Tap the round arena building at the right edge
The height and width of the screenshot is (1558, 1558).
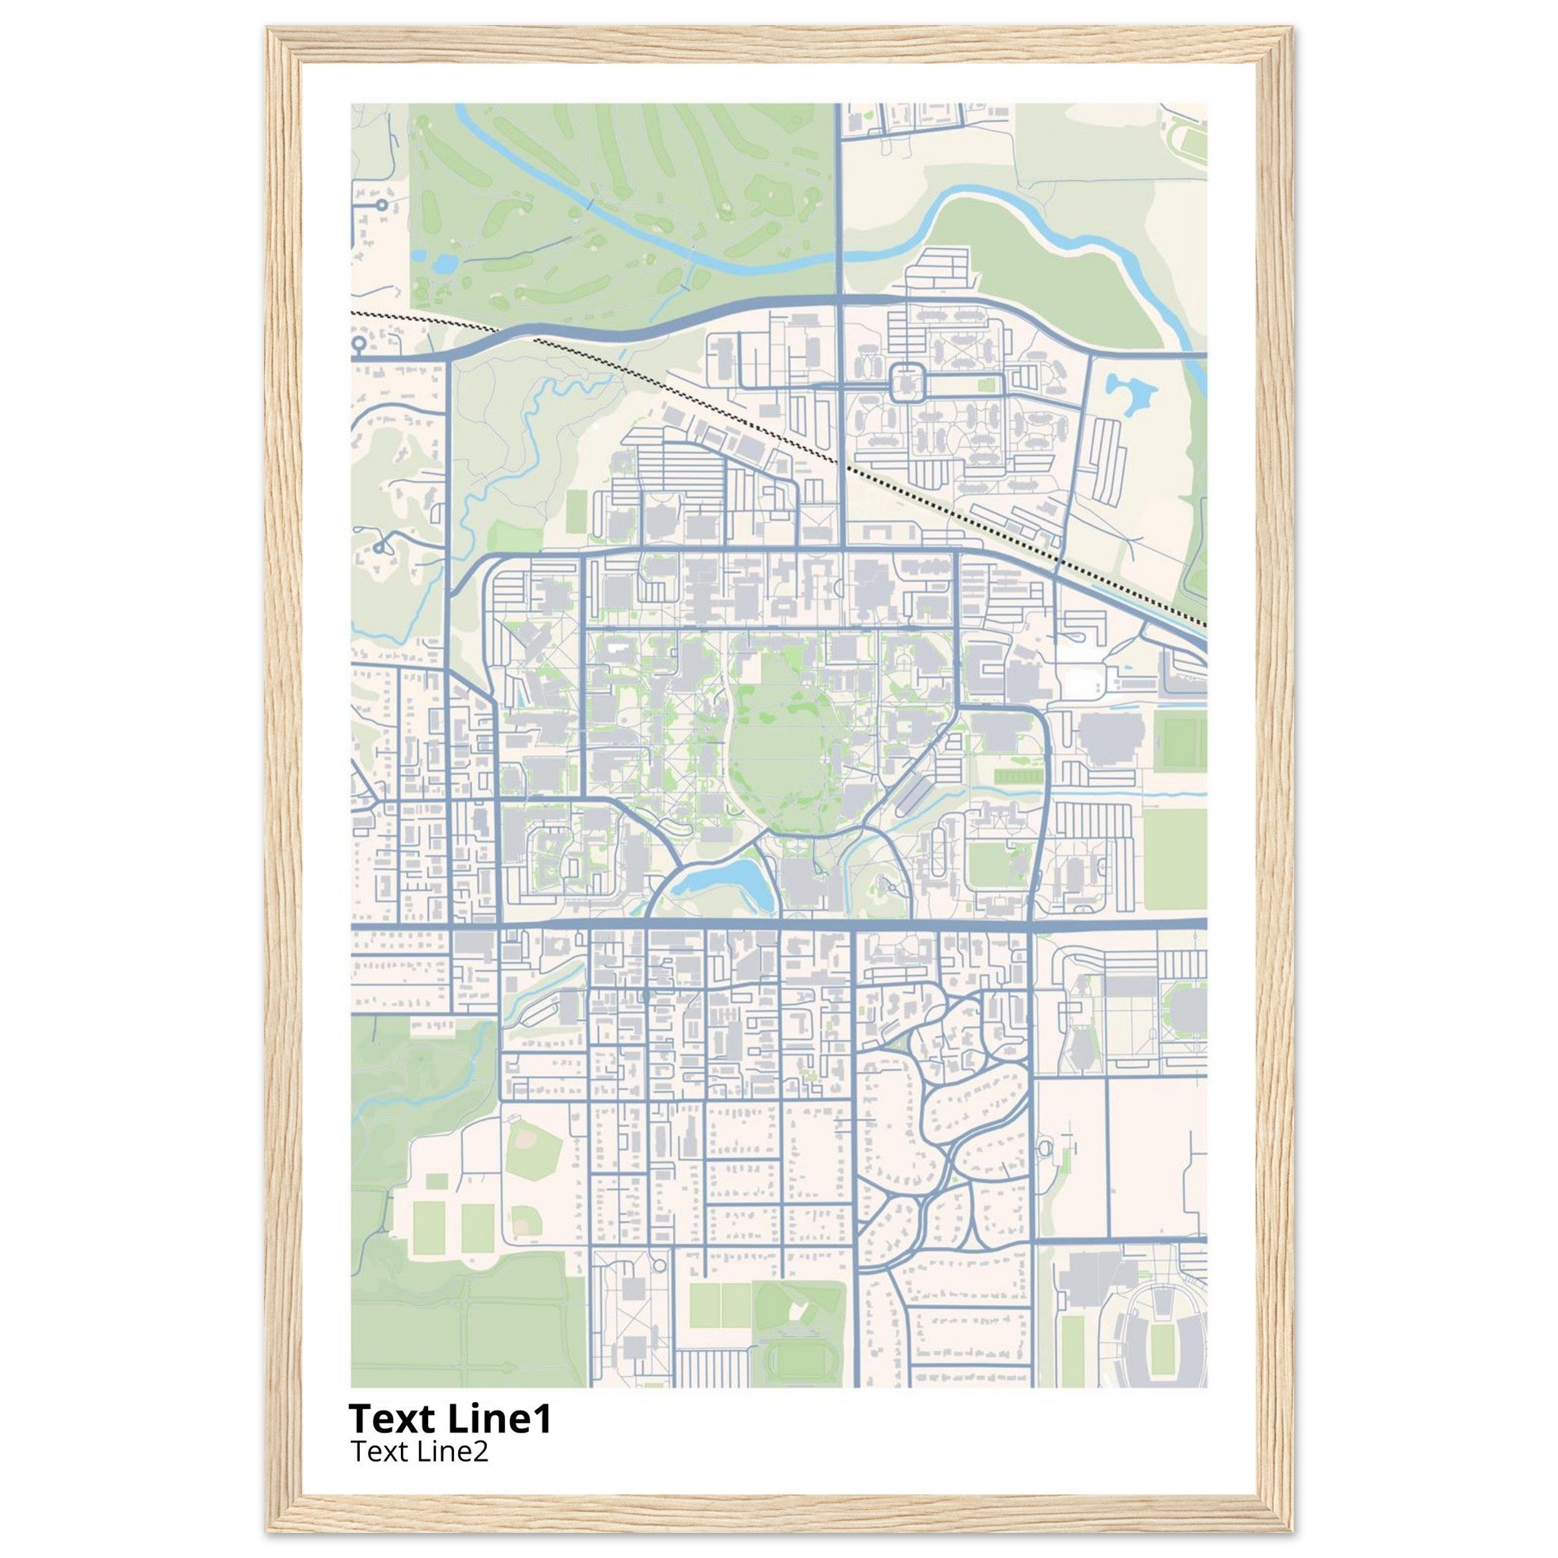click(1187, 1006)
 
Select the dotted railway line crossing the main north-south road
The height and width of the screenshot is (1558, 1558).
click(843, 466)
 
